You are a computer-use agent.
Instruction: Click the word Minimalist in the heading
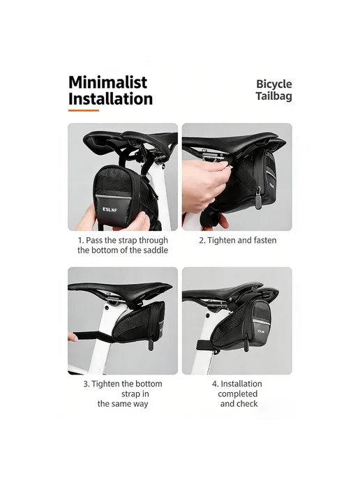[107, 82]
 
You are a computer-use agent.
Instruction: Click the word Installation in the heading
[110, 98]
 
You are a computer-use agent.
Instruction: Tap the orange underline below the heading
[84, 110]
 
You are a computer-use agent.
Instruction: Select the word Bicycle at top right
[274, 84]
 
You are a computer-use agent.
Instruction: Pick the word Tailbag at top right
[274, 96]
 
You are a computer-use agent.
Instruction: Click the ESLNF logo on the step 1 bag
[110, 210]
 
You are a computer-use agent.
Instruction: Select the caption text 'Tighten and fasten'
[242, 241]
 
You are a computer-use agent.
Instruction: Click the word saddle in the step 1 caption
[156, 250]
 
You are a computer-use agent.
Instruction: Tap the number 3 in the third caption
[85, 384]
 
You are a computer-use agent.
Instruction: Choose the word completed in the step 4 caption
[237, 393]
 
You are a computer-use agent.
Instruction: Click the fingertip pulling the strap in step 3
[73, 338]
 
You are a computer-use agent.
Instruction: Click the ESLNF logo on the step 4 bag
[260, 331]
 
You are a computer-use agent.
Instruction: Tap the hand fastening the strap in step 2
[203, 183]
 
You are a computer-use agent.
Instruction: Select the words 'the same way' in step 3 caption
[123, 404]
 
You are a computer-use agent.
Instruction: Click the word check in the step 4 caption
[247, 404]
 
